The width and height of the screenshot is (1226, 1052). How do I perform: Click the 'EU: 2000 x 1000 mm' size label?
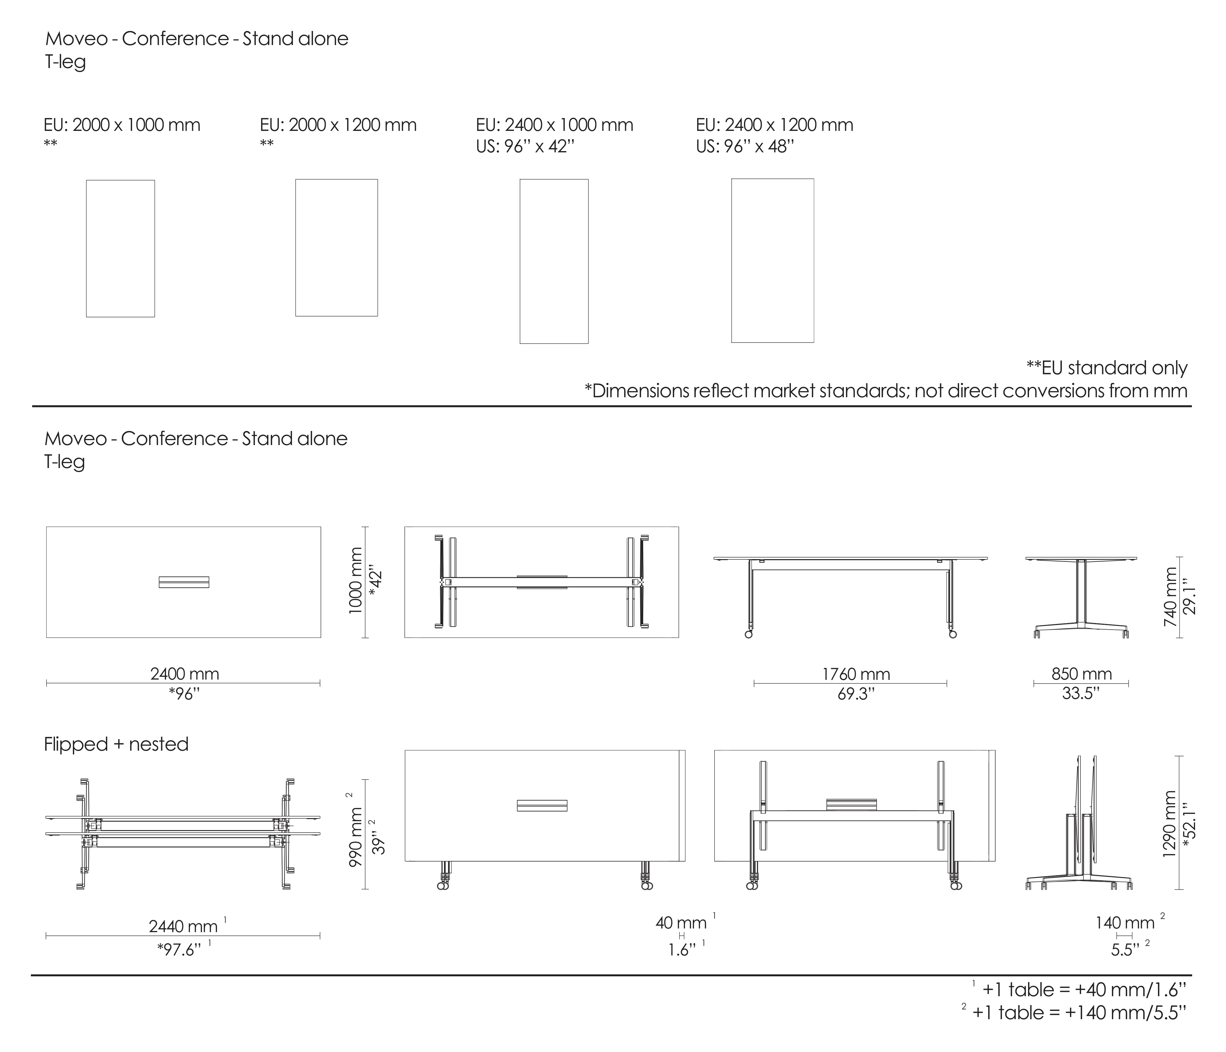(122, 125)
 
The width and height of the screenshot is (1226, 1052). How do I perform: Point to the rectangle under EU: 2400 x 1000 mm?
(554, 261)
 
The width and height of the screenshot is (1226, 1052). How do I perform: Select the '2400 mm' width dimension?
(184, 674)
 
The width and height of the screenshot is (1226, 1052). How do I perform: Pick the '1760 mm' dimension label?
(856, 674)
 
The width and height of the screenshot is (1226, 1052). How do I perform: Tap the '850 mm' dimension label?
(1082, 674)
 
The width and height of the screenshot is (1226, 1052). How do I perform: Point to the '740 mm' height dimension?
(1170, 597)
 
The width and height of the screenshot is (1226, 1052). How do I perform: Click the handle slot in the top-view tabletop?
(184, 582)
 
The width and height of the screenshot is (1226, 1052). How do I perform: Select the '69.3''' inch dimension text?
(856, 694)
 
